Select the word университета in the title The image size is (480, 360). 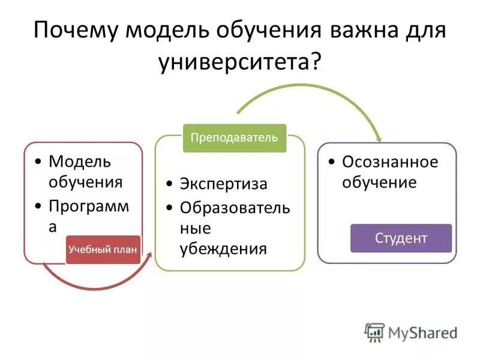234,62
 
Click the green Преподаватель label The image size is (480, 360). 234,137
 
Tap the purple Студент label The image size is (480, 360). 401,238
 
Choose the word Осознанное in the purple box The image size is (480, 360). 390,162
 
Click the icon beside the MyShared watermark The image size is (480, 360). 374,332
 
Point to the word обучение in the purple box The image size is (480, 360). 379,182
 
